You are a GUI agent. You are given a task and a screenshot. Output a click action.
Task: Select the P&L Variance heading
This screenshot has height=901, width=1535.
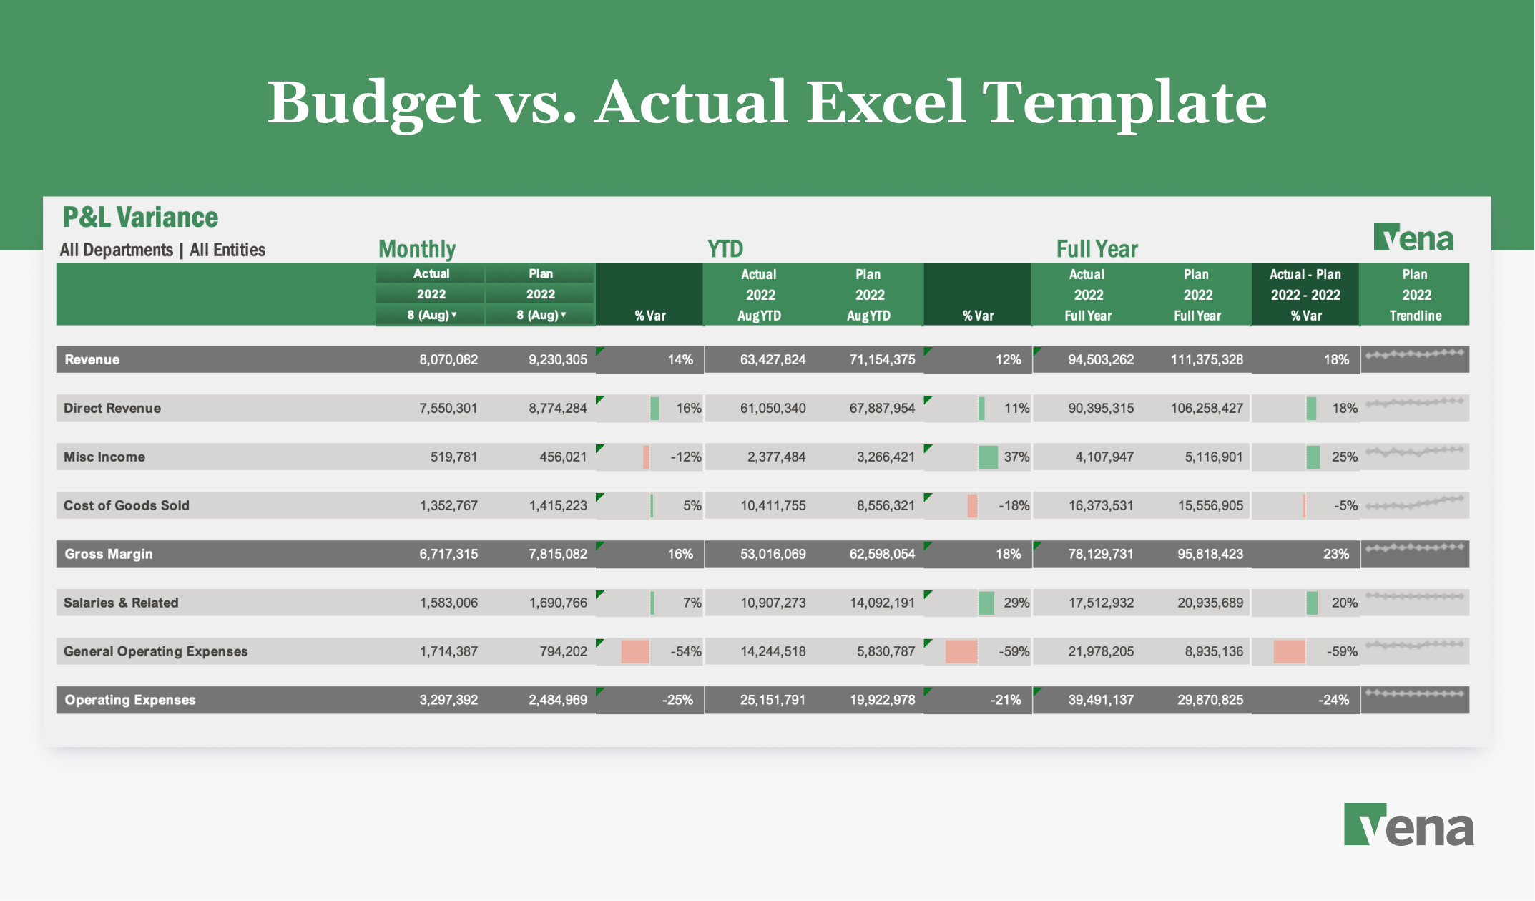(x=140, y=217)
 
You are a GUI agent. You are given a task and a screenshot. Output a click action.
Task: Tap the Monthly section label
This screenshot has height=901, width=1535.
(x=417, y=249)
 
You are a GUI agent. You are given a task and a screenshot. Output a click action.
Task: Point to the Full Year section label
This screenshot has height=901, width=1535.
(x=1097, y=249)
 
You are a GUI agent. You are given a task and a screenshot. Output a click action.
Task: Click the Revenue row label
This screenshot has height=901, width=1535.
(x=92, y=359)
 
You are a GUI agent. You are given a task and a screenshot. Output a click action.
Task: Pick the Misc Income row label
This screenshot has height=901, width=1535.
(x=104, y=457)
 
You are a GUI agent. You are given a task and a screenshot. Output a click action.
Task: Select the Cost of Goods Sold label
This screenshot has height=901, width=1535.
(x=127, y=505)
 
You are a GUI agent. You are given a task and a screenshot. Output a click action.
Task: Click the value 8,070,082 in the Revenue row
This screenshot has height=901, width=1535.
(x=448, y=359)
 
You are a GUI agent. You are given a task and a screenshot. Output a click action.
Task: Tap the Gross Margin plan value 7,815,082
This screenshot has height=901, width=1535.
(x=557, y=554)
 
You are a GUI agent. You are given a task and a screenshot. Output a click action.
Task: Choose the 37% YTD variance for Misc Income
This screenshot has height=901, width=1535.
(x=1016, y=457)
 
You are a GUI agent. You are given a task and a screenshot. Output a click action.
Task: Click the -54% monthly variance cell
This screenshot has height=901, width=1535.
(x=685, y=651)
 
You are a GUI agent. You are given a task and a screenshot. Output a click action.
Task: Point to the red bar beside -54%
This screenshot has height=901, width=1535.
(x=635, y=651)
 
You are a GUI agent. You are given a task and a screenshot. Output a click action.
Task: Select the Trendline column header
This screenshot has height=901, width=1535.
(x=1415, y=316)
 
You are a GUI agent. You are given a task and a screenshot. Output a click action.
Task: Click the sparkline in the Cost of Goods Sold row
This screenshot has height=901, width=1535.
(x=1415, y=503)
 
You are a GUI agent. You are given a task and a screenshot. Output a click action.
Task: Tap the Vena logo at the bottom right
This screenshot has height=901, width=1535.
(x=1408, y=825)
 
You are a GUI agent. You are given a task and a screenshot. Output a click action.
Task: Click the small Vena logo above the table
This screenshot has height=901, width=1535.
(x=1413, y=238)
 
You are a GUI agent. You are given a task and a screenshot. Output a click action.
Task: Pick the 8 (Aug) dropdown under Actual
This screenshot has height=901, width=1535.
(x=431, y=315)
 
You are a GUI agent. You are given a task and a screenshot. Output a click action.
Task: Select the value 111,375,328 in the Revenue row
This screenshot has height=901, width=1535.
(x=1207, y=359)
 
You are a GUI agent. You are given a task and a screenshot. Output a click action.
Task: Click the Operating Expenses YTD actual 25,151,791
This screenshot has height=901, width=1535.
(x=773, y=700)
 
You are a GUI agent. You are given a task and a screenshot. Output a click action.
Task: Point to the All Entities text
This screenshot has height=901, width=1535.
(x=227, y=250)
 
